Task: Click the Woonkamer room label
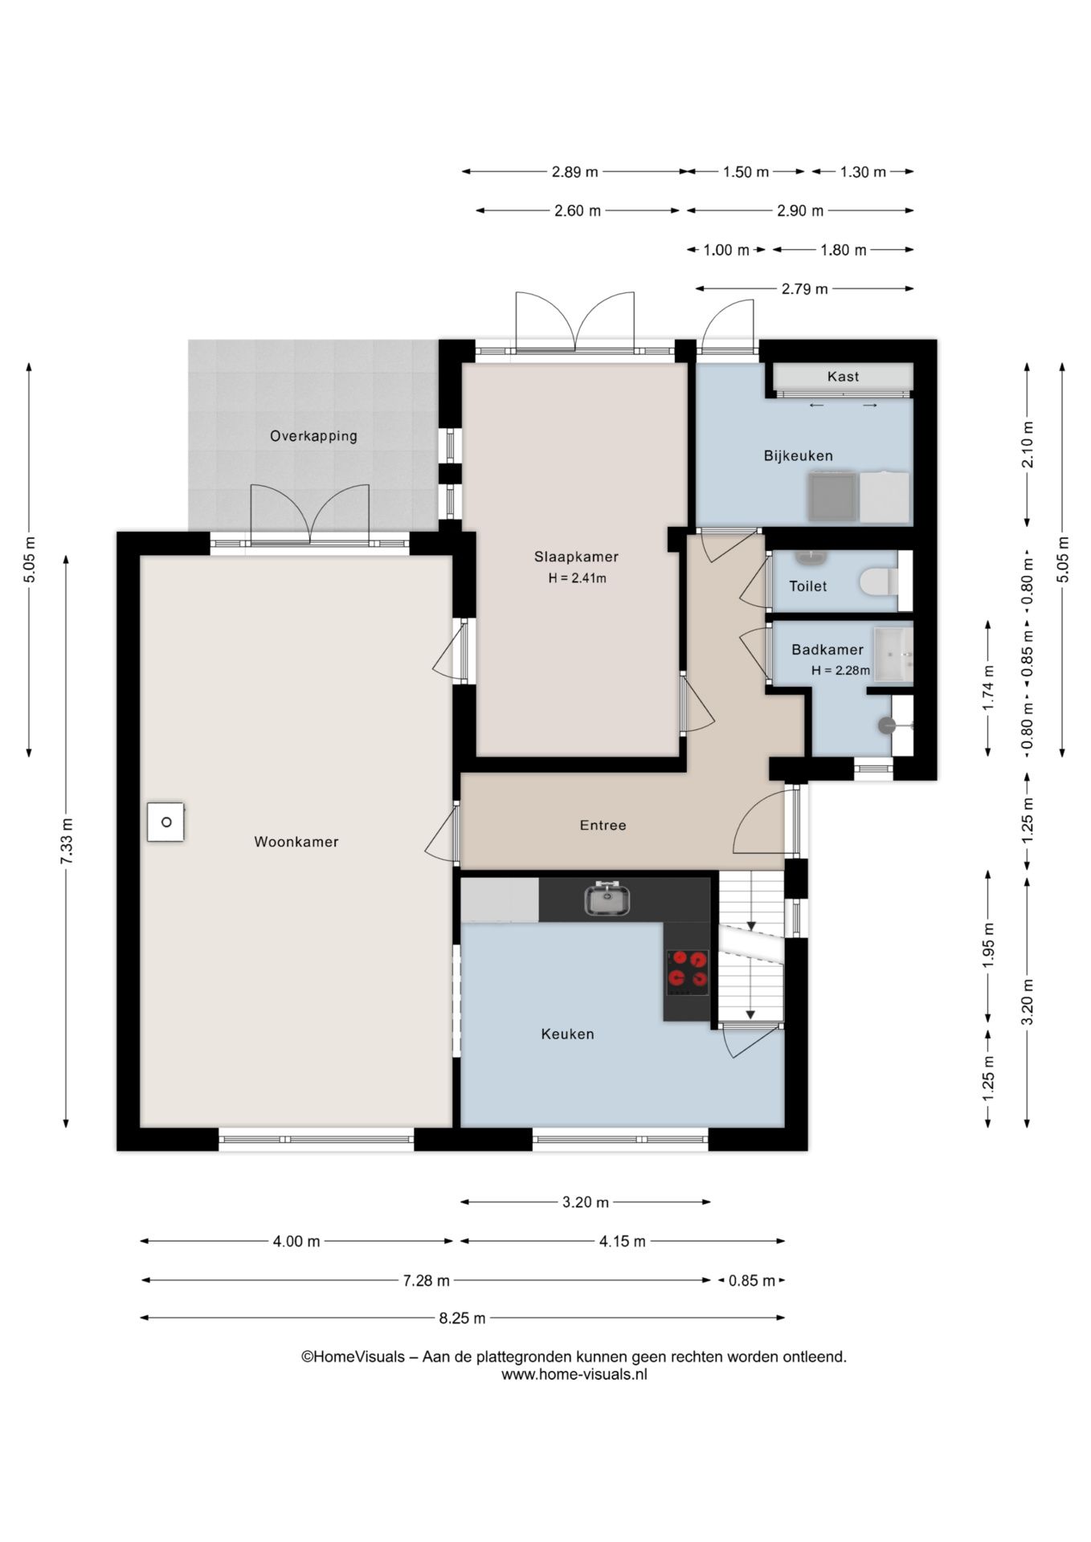point(296,842)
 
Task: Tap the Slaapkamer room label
point(576,557)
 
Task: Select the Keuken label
point(567,1034)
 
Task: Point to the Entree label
point(603,825)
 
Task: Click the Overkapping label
point(313,436)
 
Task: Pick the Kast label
point(843,376)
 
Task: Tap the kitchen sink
point(607,899)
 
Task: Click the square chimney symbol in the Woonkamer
point(165,822)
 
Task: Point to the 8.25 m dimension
point(462,1318)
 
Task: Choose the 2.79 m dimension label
point(804,289)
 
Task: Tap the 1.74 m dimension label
point(989,687)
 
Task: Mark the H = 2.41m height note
point(577,578)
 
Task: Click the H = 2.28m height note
point(840,671)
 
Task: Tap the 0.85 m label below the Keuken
point(751,1280)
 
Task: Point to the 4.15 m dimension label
point(622,1242)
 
